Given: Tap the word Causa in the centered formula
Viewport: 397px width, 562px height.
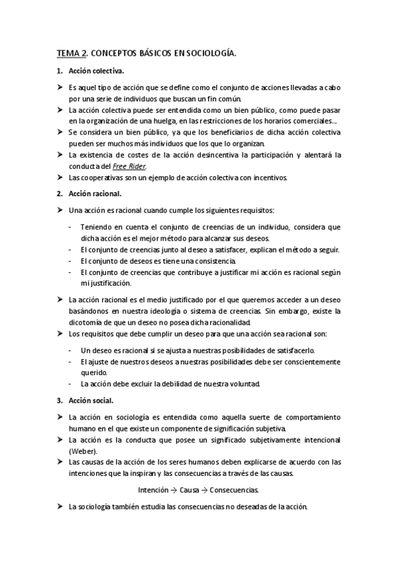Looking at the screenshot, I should (190, 490).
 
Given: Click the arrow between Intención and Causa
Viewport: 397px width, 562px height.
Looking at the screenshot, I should (174, 490).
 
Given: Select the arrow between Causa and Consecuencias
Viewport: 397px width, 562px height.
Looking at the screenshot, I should (204, 490).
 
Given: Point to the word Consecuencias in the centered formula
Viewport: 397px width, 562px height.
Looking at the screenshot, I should (233, 490).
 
